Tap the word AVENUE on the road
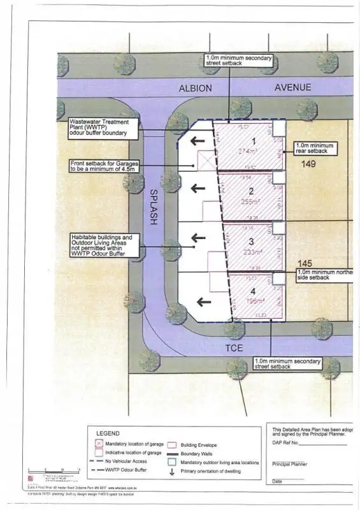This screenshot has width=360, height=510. click(292, 87)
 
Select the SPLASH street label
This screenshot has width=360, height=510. click(154, 206)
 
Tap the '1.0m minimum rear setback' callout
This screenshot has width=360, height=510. click(313, 149)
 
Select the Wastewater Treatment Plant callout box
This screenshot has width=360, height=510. click(102, 127)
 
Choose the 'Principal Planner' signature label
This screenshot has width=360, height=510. click(289, 464)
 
